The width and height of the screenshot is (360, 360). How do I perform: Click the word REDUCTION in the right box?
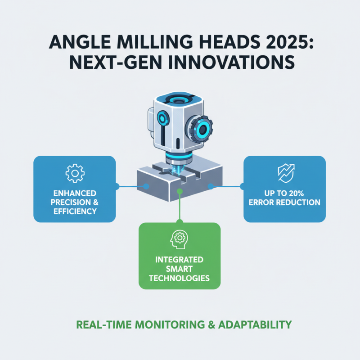point(299,202)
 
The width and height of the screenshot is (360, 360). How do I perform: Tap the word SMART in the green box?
point(180,269)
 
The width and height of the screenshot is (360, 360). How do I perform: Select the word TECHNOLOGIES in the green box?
point(180,278)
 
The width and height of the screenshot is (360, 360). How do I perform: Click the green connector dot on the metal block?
point(180,191)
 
